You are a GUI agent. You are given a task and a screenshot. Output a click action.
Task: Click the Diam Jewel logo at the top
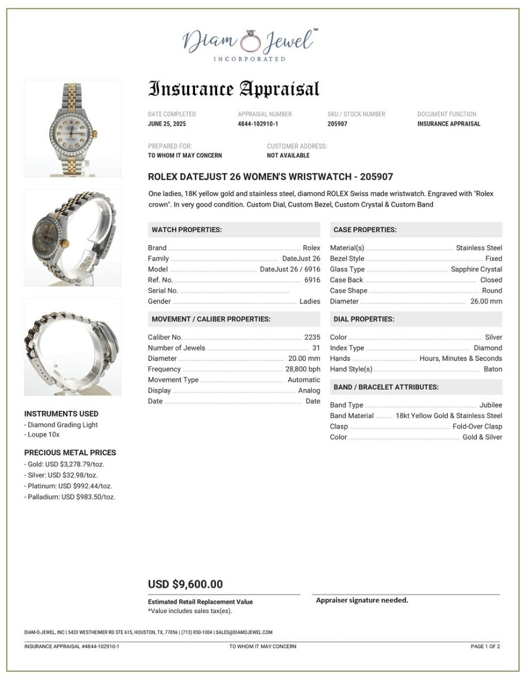[249, 44]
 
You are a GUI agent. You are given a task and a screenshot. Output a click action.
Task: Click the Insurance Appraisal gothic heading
[233, 89]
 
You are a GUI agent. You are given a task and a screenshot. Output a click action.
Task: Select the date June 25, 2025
[167, 124]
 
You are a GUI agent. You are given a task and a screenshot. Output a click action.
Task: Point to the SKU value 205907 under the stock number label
[337, 124]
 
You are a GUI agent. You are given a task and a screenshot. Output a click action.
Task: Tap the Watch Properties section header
[187, 230]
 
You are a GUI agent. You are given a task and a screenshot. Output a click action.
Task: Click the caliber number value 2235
[312, 337]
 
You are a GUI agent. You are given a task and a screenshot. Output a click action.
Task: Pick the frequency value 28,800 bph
[302, 370]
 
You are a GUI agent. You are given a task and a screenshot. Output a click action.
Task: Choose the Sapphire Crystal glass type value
[476, 270]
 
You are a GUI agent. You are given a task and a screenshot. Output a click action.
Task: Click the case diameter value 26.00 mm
[486, 302]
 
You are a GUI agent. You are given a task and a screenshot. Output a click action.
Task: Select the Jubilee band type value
[490, 405]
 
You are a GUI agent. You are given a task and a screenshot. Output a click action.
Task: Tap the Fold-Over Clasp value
[477, 427]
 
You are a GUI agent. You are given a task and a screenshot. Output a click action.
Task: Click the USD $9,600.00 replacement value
[185, 584]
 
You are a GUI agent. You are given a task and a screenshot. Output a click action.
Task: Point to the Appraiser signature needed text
[362, 600]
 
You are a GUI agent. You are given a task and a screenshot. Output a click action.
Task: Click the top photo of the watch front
[72, 129]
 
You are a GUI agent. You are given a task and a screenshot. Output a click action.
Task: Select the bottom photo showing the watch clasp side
[72, 347]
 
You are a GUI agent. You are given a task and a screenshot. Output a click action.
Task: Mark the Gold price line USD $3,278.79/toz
[64, 464]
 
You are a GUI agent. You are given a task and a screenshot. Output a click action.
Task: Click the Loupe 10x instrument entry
[42, 435]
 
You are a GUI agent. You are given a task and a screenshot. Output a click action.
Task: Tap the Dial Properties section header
[364, 319]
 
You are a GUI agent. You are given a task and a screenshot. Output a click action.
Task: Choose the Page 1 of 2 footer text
[485, 646]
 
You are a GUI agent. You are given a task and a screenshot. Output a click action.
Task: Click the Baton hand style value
[492, 370]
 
